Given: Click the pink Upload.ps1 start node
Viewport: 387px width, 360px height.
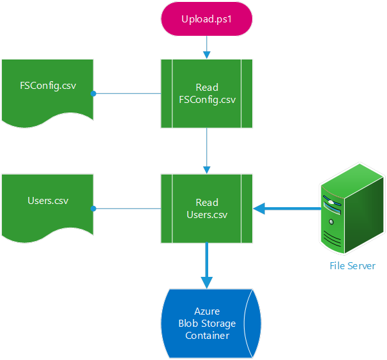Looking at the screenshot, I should click(x=207, y=18).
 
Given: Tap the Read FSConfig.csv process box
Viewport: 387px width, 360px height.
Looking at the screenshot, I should click(x=206, y=93).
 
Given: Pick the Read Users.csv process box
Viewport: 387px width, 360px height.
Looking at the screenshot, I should click(x=206, y=208).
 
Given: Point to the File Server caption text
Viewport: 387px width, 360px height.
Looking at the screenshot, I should click(x=352, y=266).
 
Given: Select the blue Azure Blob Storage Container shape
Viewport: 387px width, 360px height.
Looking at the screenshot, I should click(x=206, y=323).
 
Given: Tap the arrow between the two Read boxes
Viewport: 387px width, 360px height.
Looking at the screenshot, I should click(x=206, y=150).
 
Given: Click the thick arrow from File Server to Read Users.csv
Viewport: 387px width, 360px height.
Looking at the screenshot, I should click(x=287, y=208).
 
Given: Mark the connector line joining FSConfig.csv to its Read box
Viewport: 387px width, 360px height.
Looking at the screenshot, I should click(x=128, y=94).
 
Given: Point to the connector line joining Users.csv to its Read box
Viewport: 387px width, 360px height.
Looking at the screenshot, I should click(x=128, y=208).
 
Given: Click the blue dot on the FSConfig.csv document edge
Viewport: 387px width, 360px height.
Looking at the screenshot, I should click(x=93, y=94).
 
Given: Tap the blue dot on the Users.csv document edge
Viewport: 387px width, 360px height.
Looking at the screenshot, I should click(x=93, y=208).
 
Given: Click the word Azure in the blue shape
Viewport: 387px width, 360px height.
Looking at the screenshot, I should click(x=206, y=311).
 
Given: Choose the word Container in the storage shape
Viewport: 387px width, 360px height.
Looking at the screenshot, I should click(x=206, y=335).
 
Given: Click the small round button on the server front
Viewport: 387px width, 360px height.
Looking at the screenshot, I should click(x=331, y=222).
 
